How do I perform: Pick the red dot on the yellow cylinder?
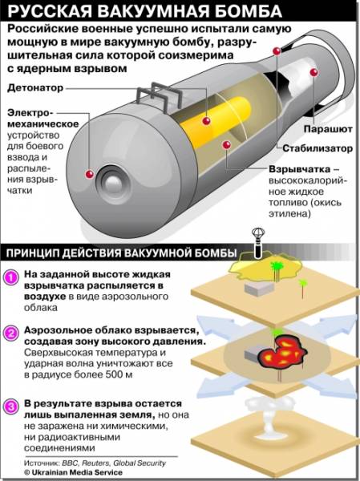[207, 120]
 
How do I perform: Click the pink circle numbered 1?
[11, 277]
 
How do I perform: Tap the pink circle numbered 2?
[11, 333]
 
